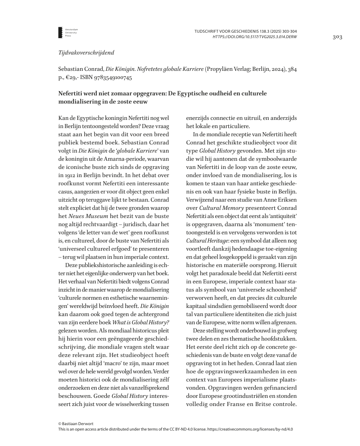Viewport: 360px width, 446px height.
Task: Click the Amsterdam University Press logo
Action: pos(63,32)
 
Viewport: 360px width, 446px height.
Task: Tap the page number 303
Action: pos(337,37)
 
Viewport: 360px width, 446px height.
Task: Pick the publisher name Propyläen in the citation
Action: pos(221,69)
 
